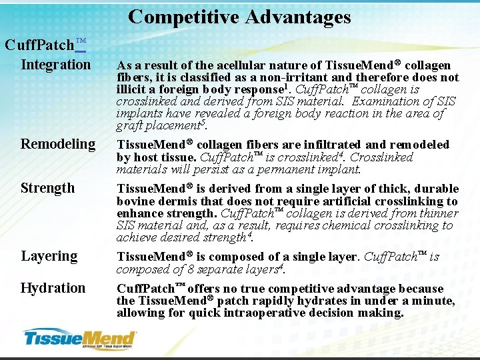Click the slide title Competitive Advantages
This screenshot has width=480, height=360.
click(239, 16)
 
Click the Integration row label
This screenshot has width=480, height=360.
click(55, 65)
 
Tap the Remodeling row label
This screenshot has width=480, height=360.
click(58, 144)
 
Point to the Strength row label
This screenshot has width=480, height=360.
click(47, 188)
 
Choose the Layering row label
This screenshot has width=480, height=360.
click(49, 256)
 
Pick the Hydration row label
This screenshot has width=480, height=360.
click(53, 288)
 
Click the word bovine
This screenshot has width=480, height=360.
click(134, 201)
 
